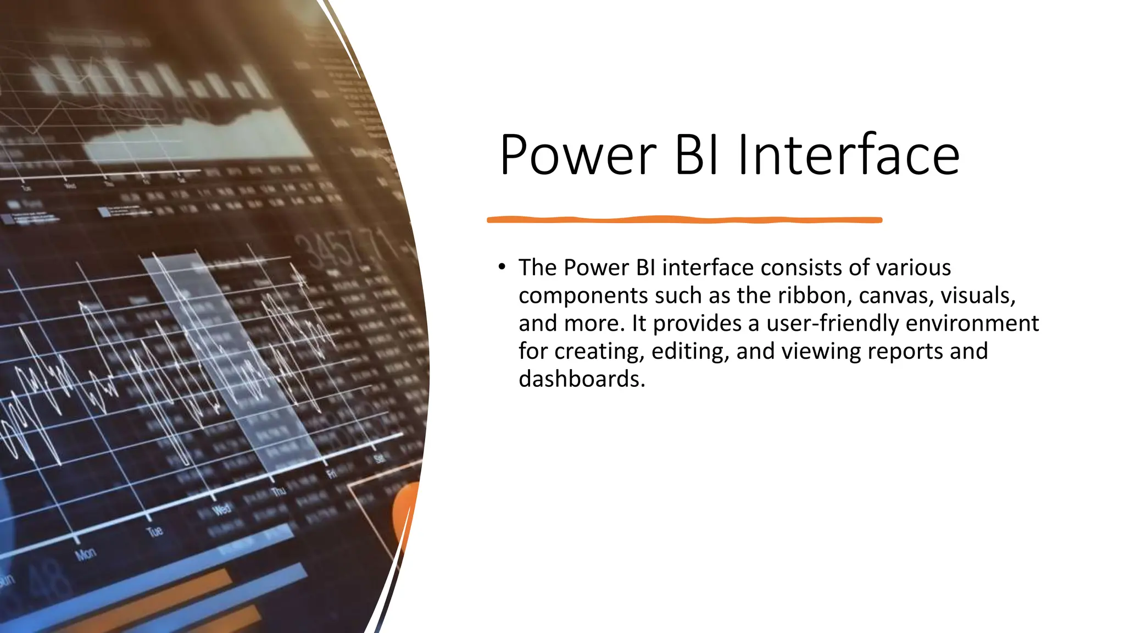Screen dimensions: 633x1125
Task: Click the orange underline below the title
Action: click(x=684, y=220)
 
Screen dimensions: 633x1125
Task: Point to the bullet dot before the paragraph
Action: click(x=502, y=267)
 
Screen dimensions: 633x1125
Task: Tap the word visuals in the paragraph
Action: click(x=978, y=296)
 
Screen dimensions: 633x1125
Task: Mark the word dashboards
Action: click(x=581, y=379)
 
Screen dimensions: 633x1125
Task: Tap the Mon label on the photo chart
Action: click(x=85, y=554)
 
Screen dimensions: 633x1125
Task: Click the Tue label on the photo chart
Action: click(x=154, y=531)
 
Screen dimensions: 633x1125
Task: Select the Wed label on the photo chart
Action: click(x=221, y=509)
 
